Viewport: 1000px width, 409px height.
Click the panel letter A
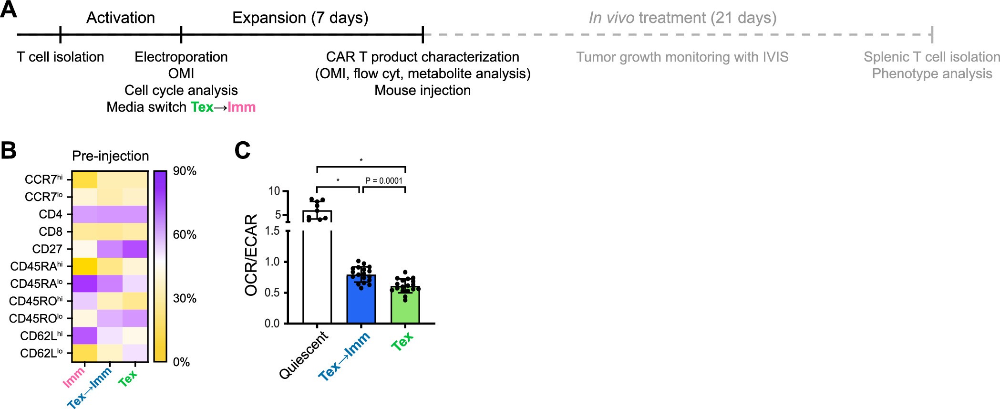(x=9, y=10)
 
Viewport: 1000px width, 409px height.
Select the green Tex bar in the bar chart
(x=405, y=305)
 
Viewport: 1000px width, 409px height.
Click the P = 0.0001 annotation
(x=383, y=180)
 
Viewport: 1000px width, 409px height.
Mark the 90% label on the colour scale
(x=185, y=171)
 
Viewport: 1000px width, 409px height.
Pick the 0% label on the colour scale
(x=181, y=362)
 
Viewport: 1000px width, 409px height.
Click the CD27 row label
(x=47, y=249)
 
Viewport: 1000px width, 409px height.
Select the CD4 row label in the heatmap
(x=51, y=214)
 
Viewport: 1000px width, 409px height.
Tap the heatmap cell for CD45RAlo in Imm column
(x=85, y=283)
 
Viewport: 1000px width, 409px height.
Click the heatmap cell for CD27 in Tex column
(x=135, y=249)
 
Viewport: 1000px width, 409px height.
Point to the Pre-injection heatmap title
(x=110, y=156)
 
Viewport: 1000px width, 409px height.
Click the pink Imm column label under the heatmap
(x=74, y=377)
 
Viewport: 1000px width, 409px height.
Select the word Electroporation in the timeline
(x=181, y=57)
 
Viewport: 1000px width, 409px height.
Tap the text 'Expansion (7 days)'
(x=300, y=18)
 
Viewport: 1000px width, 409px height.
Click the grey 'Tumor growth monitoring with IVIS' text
(x=682, y=57)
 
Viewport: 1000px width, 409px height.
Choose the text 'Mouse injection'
(x=423, y=90)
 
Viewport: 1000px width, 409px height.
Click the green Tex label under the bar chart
(x=402, y=342)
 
